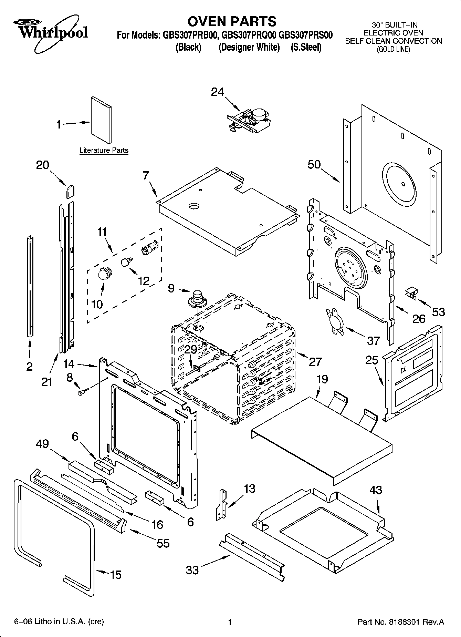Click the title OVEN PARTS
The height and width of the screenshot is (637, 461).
232,21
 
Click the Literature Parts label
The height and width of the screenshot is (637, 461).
104,151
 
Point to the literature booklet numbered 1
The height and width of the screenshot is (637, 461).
101,120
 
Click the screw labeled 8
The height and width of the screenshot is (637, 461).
83,392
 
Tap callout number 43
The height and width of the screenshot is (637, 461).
376,490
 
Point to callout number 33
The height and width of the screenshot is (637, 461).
192,570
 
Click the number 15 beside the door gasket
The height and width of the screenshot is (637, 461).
116,575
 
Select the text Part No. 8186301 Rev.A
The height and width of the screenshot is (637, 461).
401,622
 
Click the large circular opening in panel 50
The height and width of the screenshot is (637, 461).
398,182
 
